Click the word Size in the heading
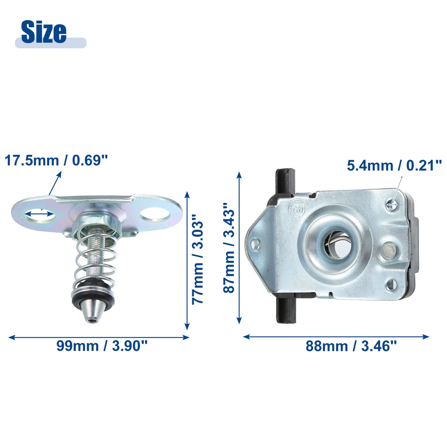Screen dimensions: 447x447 click(43, 32)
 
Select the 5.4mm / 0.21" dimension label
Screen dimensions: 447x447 click(394, 166)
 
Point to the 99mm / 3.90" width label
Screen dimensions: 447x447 click(102, 346)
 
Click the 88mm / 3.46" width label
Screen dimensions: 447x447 click(351, 346)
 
